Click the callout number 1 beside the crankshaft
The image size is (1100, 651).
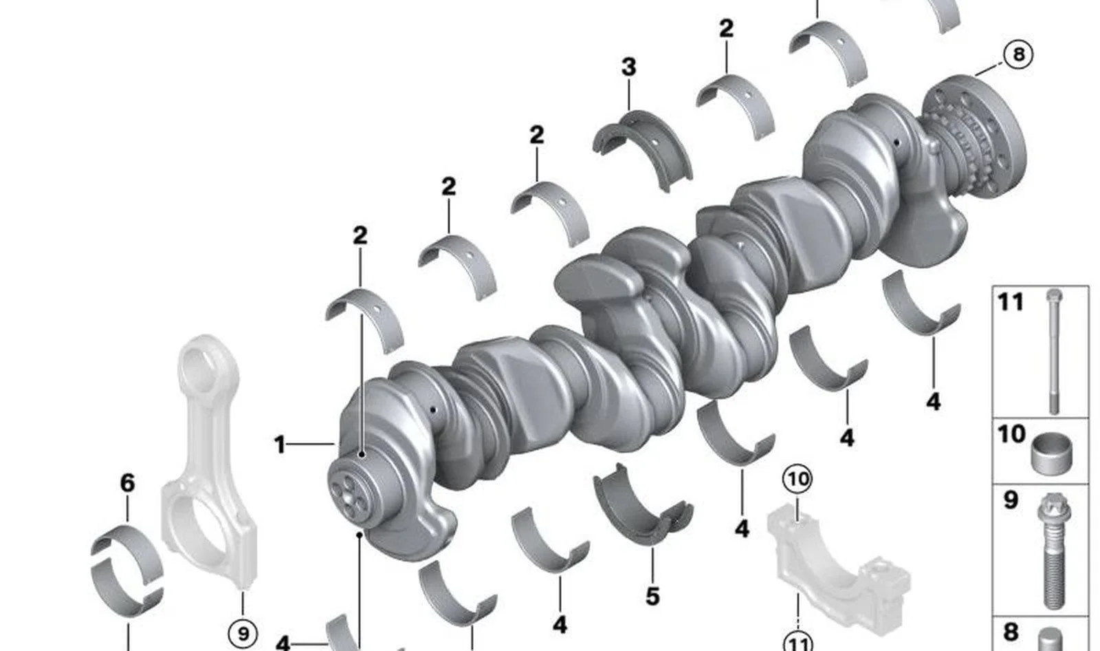click(280, 445)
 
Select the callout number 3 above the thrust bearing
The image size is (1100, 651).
click(629, 67)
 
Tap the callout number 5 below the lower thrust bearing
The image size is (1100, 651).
click(652, 597)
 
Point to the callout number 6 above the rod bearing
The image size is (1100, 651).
click(128, 483)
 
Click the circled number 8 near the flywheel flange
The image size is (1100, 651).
click(1018, 54)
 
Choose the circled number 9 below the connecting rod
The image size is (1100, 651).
click(243, 634)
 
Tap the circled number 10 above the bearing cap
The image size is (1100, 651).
click(797, 479)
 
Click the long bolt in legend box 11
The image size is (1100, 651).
click(1054, 352)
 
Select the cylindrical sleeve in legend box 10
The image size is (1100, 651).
click(1051, 453)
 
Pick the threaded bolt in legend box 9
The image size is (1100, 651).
click(1054, 551)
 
